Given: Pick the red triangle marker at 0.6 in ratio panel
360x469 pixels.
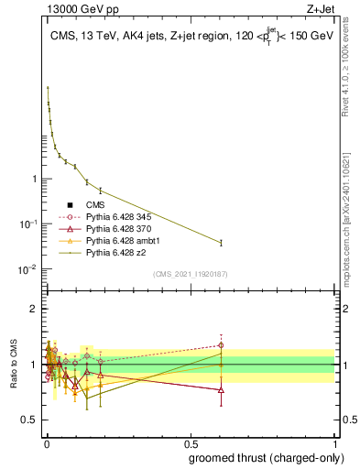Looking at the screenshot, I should [221, 389].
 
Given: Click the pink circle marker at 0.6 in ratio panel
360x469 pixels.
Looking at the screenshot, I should [221, 345].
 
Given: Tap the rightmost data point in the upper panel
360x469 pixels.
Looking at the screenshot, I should [221, 243].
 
